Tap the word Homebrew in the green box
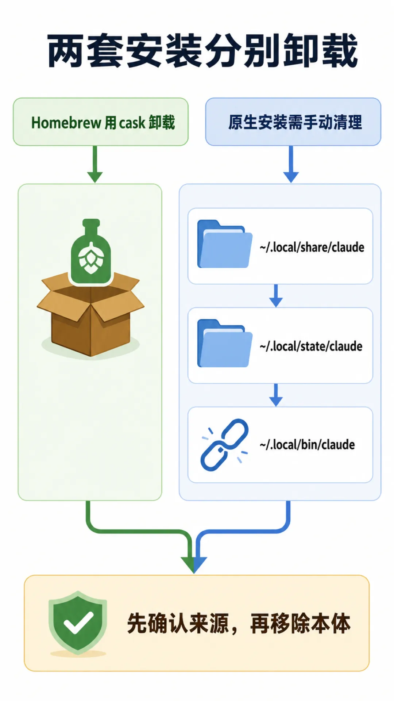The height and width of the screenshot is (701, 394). click(x=66, y=123)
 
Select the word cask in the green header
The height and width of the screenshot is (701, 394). click(x=132, y=123)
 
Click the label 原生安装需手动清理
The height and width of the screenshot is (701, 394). click(x=295, y=122)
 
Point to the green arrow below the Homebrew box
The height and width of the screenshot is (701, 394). click(x=95, y=164)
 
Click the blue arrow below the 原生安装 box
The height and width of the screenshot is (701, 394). click(x=291, y=164)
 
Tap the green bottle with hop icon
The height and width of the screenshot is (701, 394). click(x=91, y=252)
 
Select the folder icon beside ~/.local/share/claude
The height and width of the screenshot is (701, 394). click(x=224, y=244)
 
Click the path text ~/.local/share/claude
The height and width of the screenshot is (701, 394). click(x=312, y=247)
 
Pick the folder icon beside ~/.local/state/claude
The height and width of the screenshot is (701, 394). click(x=224, y=343)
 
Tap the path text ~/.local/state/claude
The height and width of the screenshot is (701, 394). click(x=311, y=346)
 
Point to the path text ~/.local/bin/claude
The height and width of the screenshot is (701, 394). click(x=307, y=445)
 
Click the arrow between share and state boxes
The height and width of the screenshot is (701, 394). click(x=276, y=296)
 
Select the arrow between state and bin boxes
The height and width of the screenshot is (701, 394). click(x=276, y=395)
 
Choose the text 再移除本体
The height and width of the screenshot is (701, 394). click(x=300, y=624)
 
